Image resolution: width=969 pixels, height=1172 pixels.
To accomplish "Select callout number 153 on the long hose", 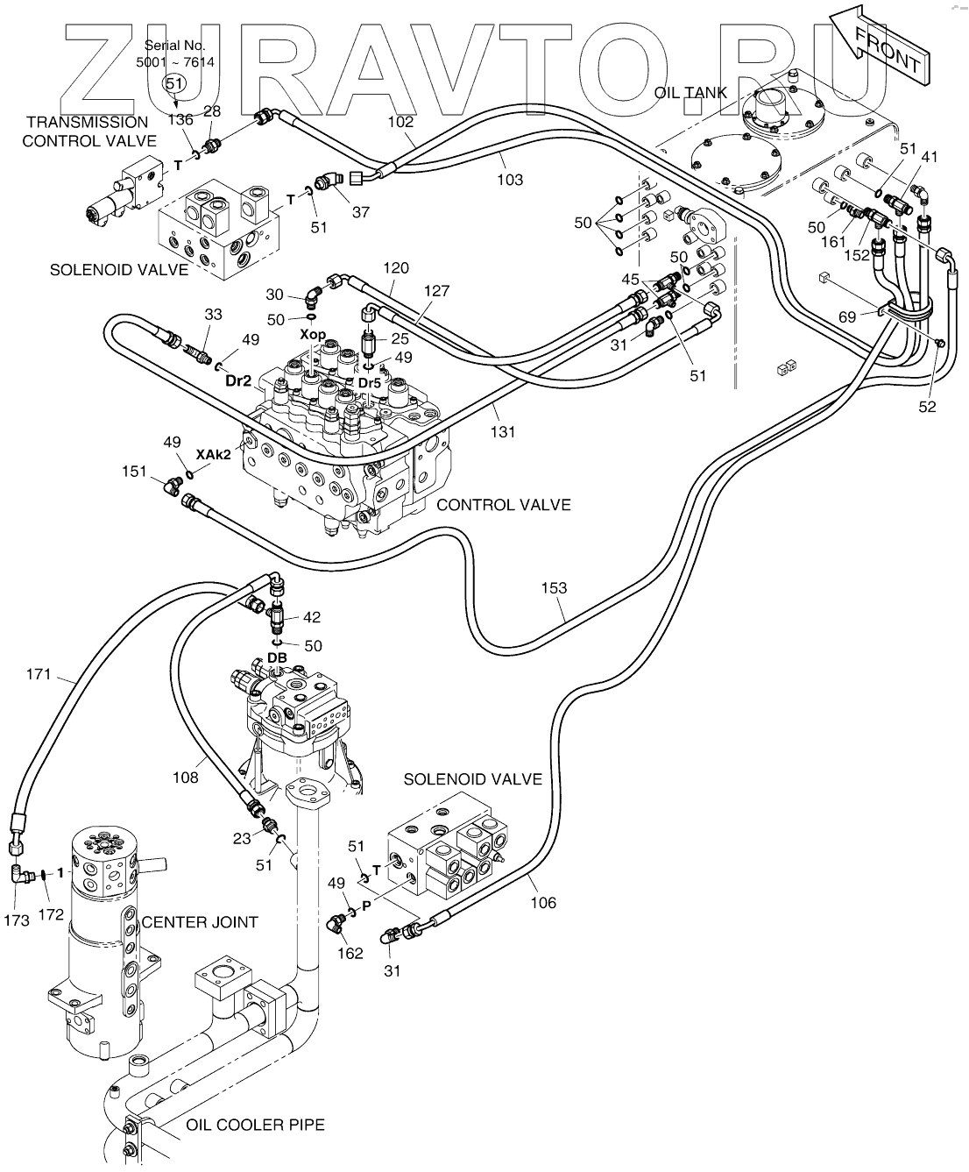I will coord(555,588).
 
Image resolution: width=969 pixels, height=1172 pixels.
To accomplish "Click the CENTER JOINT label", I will coord(200,921).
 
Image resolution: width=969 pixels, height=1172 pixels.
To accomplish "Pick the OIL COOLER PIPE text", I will coord(255,1125).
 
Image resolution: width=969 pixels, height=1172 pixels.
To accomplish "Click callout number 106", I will coord(543,902).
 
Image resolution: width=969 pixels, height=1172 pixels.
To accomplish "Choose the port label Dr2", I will coord(238,380).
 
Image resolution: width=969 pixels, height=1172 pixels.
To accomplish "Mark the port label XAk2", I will coord(213,454).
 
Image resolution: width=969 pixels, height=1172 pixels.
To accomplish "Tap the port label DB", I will coord(278,657).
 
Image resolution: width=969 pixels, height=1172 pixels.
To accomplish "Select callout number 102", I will coord(400,123).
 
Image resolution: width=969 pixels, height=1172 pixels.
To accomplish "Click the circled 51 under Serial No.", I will coord(175,82).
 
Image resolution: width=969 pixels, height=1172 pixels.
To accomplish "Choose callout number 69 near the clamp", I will coord(847,316).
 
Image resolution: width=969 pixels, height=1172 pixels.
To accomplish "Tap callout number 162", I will coord(350,953).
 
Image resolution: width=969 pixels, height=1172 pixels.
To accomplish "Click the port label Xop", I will coord(313,336).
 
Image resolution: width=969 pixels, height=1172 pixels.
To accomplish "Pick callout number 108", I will coord(185,777).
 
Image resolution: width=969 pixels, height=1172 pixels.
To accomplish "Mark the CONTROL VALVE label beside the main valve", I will coord(503,505).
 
